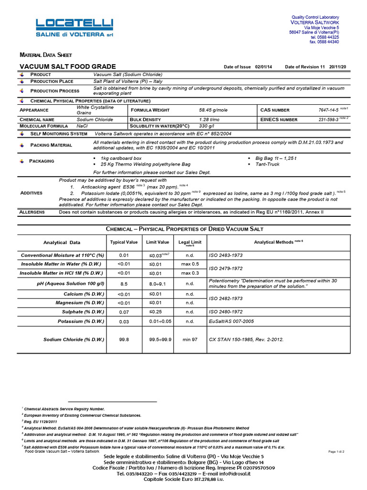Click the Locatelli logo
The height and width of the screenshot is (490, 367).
tap(75, 27)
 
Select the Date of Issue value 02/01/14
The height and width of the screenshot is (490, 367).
tap(263, 67)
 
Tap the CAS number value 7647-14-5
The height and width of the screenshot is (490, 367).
tap(328, 110)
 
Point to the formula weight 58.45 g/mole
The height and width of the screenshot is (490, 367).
tap(214, 110)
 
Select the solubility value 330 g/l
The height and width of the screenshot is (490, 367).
tap(206, 126)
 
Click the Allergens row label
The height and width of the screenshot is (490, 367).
tap(32, 212)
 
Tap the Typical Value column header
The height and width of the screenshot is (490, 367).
tap(124, 242)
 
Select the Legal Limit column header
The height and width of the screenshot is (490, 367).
tap(190, 243)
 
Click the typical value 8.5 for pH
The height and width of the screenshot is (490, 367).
tap(124, 284)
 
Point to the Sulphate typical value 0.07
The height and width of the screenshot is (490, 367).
tap(124, 312)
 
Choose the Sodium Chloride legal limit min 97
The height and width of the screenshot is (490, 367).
tap(190, 339)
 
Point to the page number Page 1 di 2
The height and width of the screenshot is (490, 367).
tap(336, 451)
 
